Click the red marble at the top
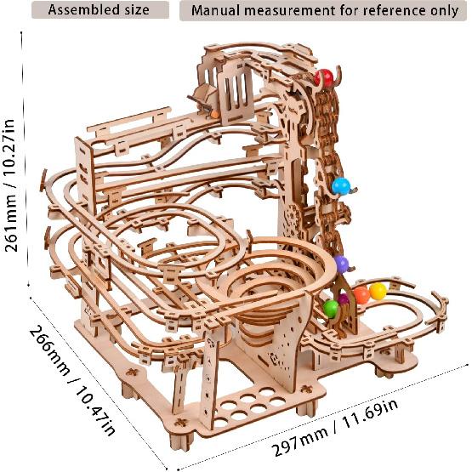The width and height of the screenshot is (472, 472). pyautogui.click(x=323, y=78)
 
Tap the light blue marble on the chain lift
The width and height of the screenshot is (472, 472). pyautogui.click(x=341, y=186)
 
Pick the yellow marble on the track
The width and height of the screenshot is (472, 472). pyautogui.click(x=377, y=292)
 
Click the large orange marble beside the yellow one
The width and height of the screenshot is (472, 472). pyautogui.click(x=361, y=296)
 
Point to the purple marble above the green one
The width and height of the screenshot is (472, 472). pyautogui.click(x=341, y=264)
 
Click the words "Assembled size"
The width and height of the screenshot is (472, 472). pyautogui.click(x=99, y=11)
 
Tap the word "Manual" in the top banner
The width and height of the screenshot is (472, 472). pyautogui.click(x=219, y=11)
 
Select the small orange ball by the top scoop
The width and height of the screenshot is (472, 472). pyautogui.click(x=214, y=113)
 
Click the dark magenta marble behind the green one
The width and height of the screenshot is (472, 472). pyautogui.click(x=344, y=299)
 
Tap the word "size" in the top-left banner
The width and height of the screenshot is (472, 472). pyautogui.click(x=133, y=11)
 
